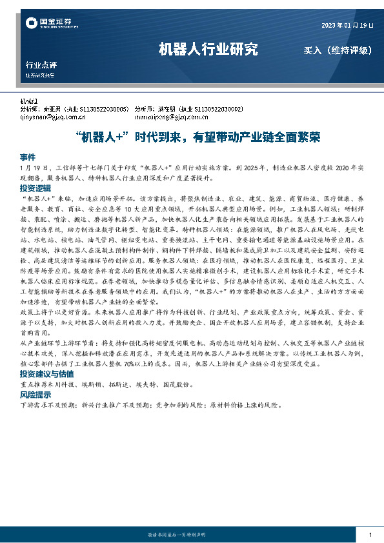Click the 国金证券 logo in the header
click(52, 24)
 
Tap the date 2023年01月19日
click(347, 25)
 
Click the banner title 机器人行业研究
click(208, 49)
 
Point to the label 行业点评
click(41, 65)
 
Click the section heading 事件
click(27, 157)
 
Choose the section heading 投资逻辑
click(34, 187)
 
